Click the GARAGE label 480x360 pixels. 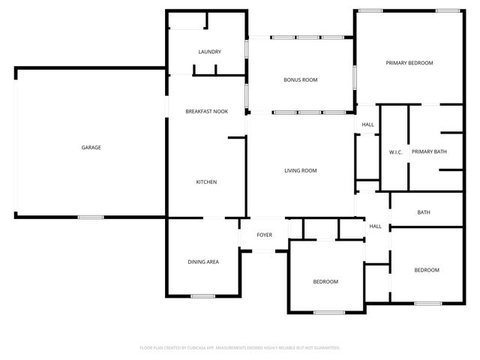click(x=91, y=148)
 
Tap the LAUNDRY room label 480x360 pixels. click(x=209, y=52)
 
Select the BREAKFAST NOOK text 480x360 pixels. click(x=206, y=112)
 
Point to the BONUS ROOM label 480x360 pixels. click(x=301, y=79)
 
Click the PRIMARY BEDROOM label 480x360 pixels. click(x=409, y=63)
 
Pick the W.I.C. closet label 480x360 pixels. click(x=395, y=152)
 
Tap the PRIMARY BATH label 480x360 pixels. click(x=429, y=152)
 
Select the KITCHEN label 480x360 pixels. click(x=206, y=182)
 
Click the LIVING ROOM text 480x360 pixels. click(x=300, y=171)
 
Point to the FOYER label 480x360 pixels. click(x=264, y=235)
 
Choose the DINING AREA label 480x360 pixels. click(x=202, y=262)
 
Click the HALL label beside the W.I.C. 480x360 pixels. click(x=367, y=125)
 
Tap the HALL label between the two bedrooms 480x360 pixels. click(x=375, y=226)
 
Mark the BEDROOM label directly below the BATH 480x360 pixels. click(x=426, y=270)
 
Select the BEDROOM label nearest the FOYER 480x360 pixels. click(x=325, y=282)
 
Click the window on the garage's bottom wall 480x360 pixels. click(x=91, y=217)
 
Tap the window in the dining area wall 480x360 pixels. click(x=202, y=296)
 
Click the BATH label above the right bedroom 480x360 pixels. click(x=424, y=213)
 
